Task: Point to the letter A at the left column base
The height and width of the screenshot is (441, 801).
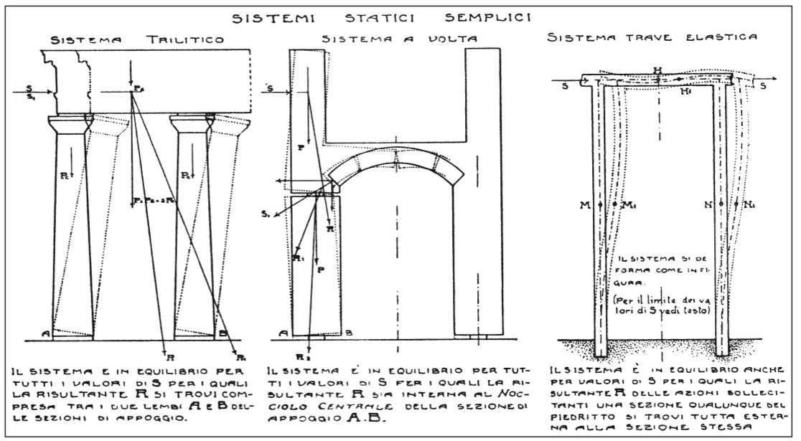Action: [x=45, y=332]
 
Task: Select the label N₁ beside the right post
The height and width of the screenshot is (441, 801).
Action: [x=752, y=206]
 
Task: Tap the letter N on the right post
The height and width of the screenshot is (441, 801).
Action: [x=708, y=206]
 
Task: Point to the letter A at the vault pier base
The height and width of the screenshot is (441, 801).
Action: [x=285, y=332]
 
